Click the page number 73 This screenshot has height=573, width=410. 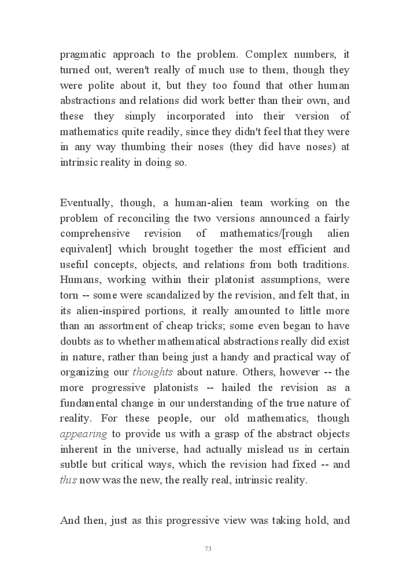coord(208,549)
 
